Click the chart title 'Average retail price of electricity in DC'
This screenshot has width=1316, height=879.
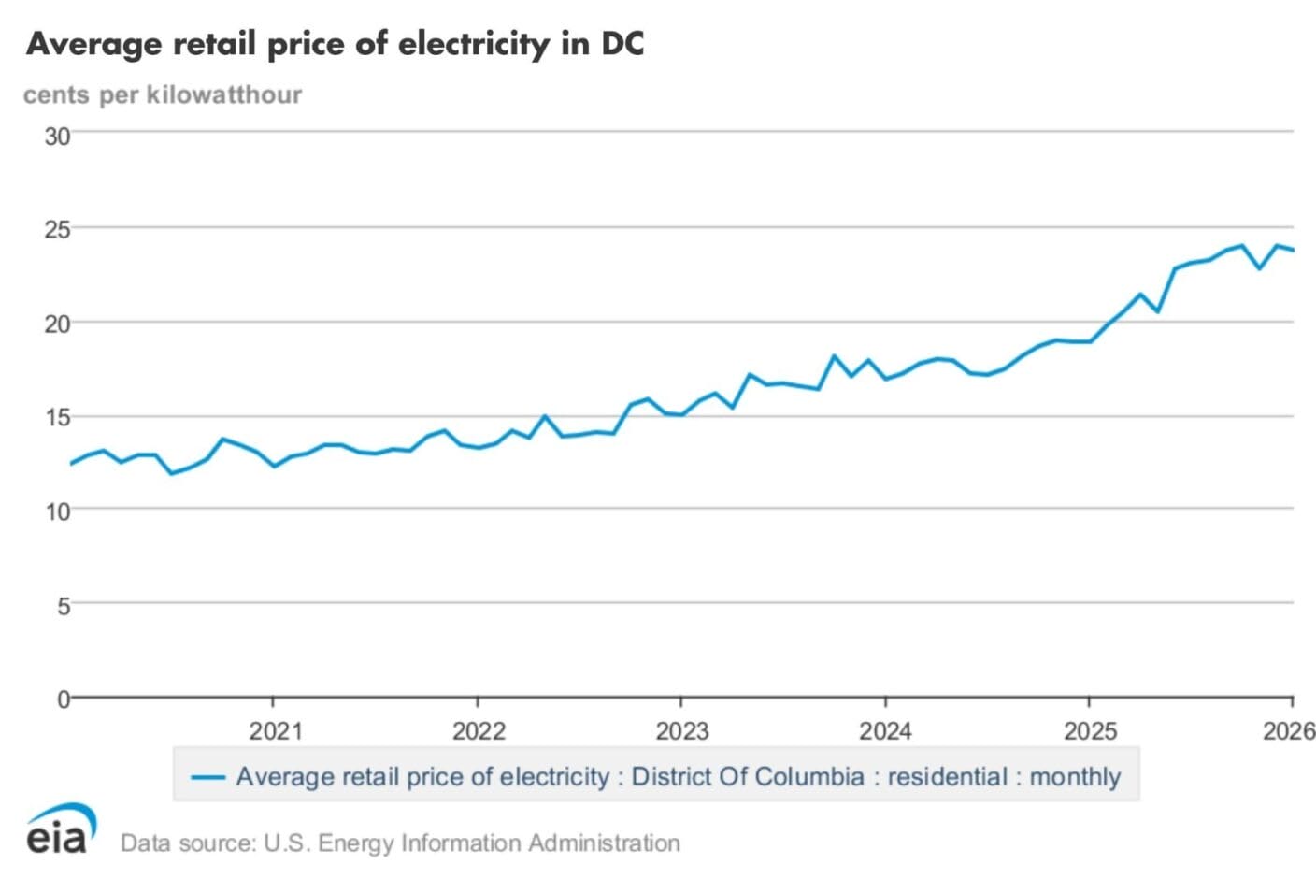click(335, 44)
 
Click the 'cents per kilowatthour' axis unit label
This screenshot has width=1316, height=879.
click(163, 94)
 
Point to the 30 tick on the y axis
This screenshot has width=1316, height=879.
click(57, 137)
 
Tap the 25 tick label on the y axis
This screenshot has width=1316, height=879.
click(57, 230)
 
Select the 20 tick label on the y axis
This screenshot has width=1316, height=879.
click(57, 324)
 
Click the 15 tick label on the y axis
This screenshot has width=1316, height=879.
click(57, 418)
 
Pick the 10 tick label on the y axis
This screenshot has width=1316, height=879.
click(57, 512)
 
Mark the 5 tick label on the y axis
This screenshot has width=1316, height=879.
click(63, 606)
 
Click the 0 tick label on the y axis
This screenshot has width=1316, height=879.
click(63, 699)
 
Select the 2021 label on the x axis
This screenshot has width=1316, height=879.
click(275, 731)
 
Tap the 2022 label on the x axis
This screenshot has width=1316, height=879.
click(479, 731)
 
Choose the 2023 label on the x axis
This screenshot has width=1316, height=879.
click(681, 731)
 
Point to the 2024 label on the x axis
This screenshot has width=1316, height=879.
click(885, 731)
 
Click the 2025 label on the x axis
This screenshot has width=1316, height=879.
click(1089, 731)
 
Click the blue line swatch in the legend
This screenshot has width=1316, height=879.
click(207, 777)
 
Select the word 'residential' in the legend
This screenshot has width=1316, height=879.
click(947, 777)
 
